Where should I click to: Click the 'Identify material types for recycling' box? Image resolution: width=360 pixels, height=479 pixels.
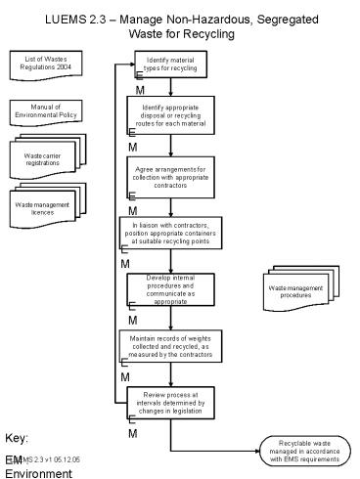[170, 65]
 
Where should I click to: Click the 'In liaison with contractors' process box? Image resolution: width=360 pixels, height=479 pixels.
[170, 235]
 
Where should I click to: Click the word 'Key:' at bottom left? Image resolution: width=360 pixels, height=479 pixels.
[16, 437]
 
